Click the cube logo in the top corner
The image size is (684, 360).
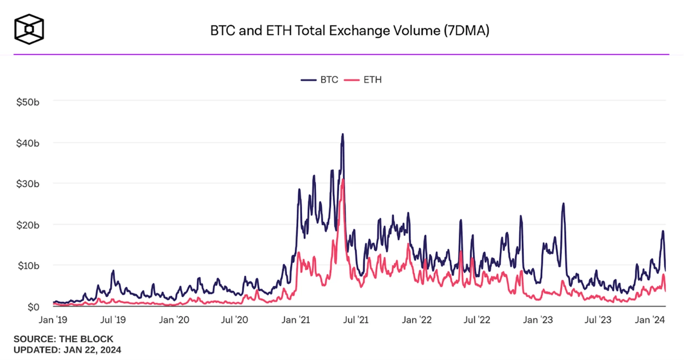(29, 29)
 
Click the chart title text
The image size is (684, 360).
(350, 31)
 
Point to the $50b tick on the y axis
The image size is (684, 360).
(28, 102)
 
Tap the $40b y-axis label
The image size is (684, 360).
(28, 143)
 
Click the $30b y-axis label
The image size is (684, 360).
(28, 184)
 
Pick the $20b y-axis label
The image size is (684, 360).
(28, 225)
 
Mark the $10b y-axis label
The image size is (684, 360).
(28, 266)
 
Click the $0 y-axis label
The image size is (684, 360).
(33, 307)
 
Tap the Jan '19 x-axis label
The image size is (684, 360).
(53, 320)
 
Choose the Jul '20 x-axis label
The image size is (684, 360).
(234, 320)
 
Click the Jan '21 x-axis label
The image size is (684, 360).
(296, 320)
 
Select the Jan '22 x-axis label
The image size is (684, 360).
(416, 320)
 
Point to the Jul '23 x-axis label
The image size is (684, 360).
(598, 320)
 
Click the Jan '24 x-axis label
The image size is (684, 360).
(649, 320)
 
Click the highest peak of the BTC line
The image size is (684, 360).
(343, 134)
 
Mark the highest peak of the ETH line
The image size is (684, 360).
(343, 180)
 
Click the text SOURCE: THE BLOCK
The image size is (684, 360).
(63, 339)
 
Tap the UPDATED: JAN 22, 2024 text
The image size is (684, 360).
(67, 350)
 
